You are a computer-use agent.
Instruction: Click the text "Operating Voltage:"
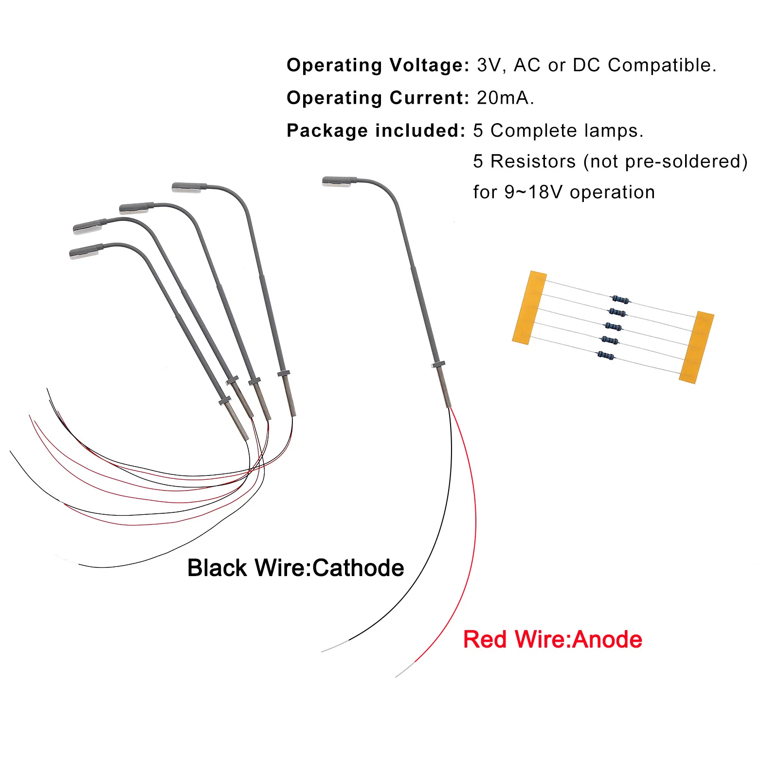click(x=378, y=65)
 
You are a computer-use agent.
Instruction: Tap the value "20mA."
click(x=505, y=98)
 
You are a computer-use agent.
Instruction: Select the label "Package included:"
click(x=376, y=130)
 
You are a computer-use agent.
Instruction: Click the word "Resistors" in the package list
click(x=533, y=161)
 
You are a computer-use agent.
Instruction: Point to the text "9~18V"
click(x=533, y=192)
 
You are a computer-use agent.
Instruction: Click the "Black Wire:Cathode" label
click(x=295, y=568)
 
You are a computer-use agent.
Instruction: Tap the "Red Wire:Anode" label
click(x=552, y=639)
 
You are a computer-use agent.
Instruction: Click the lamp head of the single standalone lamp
click(x=339, y=181)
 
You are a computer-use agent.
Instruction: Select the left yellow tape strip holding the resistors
click(x=529, y=308)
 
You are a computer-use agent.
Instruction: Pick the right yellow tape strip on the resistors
click(x=696, y=347)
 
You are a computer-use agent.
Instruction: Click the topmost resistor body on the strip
click(x=620, y=299)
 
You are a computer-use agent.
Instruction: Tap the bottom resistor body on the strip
click(x=606, y=356)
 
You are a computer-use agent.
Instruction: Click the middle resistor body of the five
click(x=613, y=326)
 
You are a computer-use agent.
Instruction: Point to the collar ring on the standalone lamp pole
click(x=438, y=364)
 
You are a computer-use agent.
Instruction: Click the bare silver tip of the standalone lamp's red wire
click(x=404, y=670)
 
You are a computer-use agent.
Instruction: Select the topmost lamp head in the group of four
click(x=189, y=187)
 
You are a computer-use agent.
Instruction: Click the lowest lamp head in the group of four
click(x=86, y=252)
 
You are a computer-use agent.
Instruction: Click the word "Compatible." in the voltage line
click(x=662, y=65)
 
